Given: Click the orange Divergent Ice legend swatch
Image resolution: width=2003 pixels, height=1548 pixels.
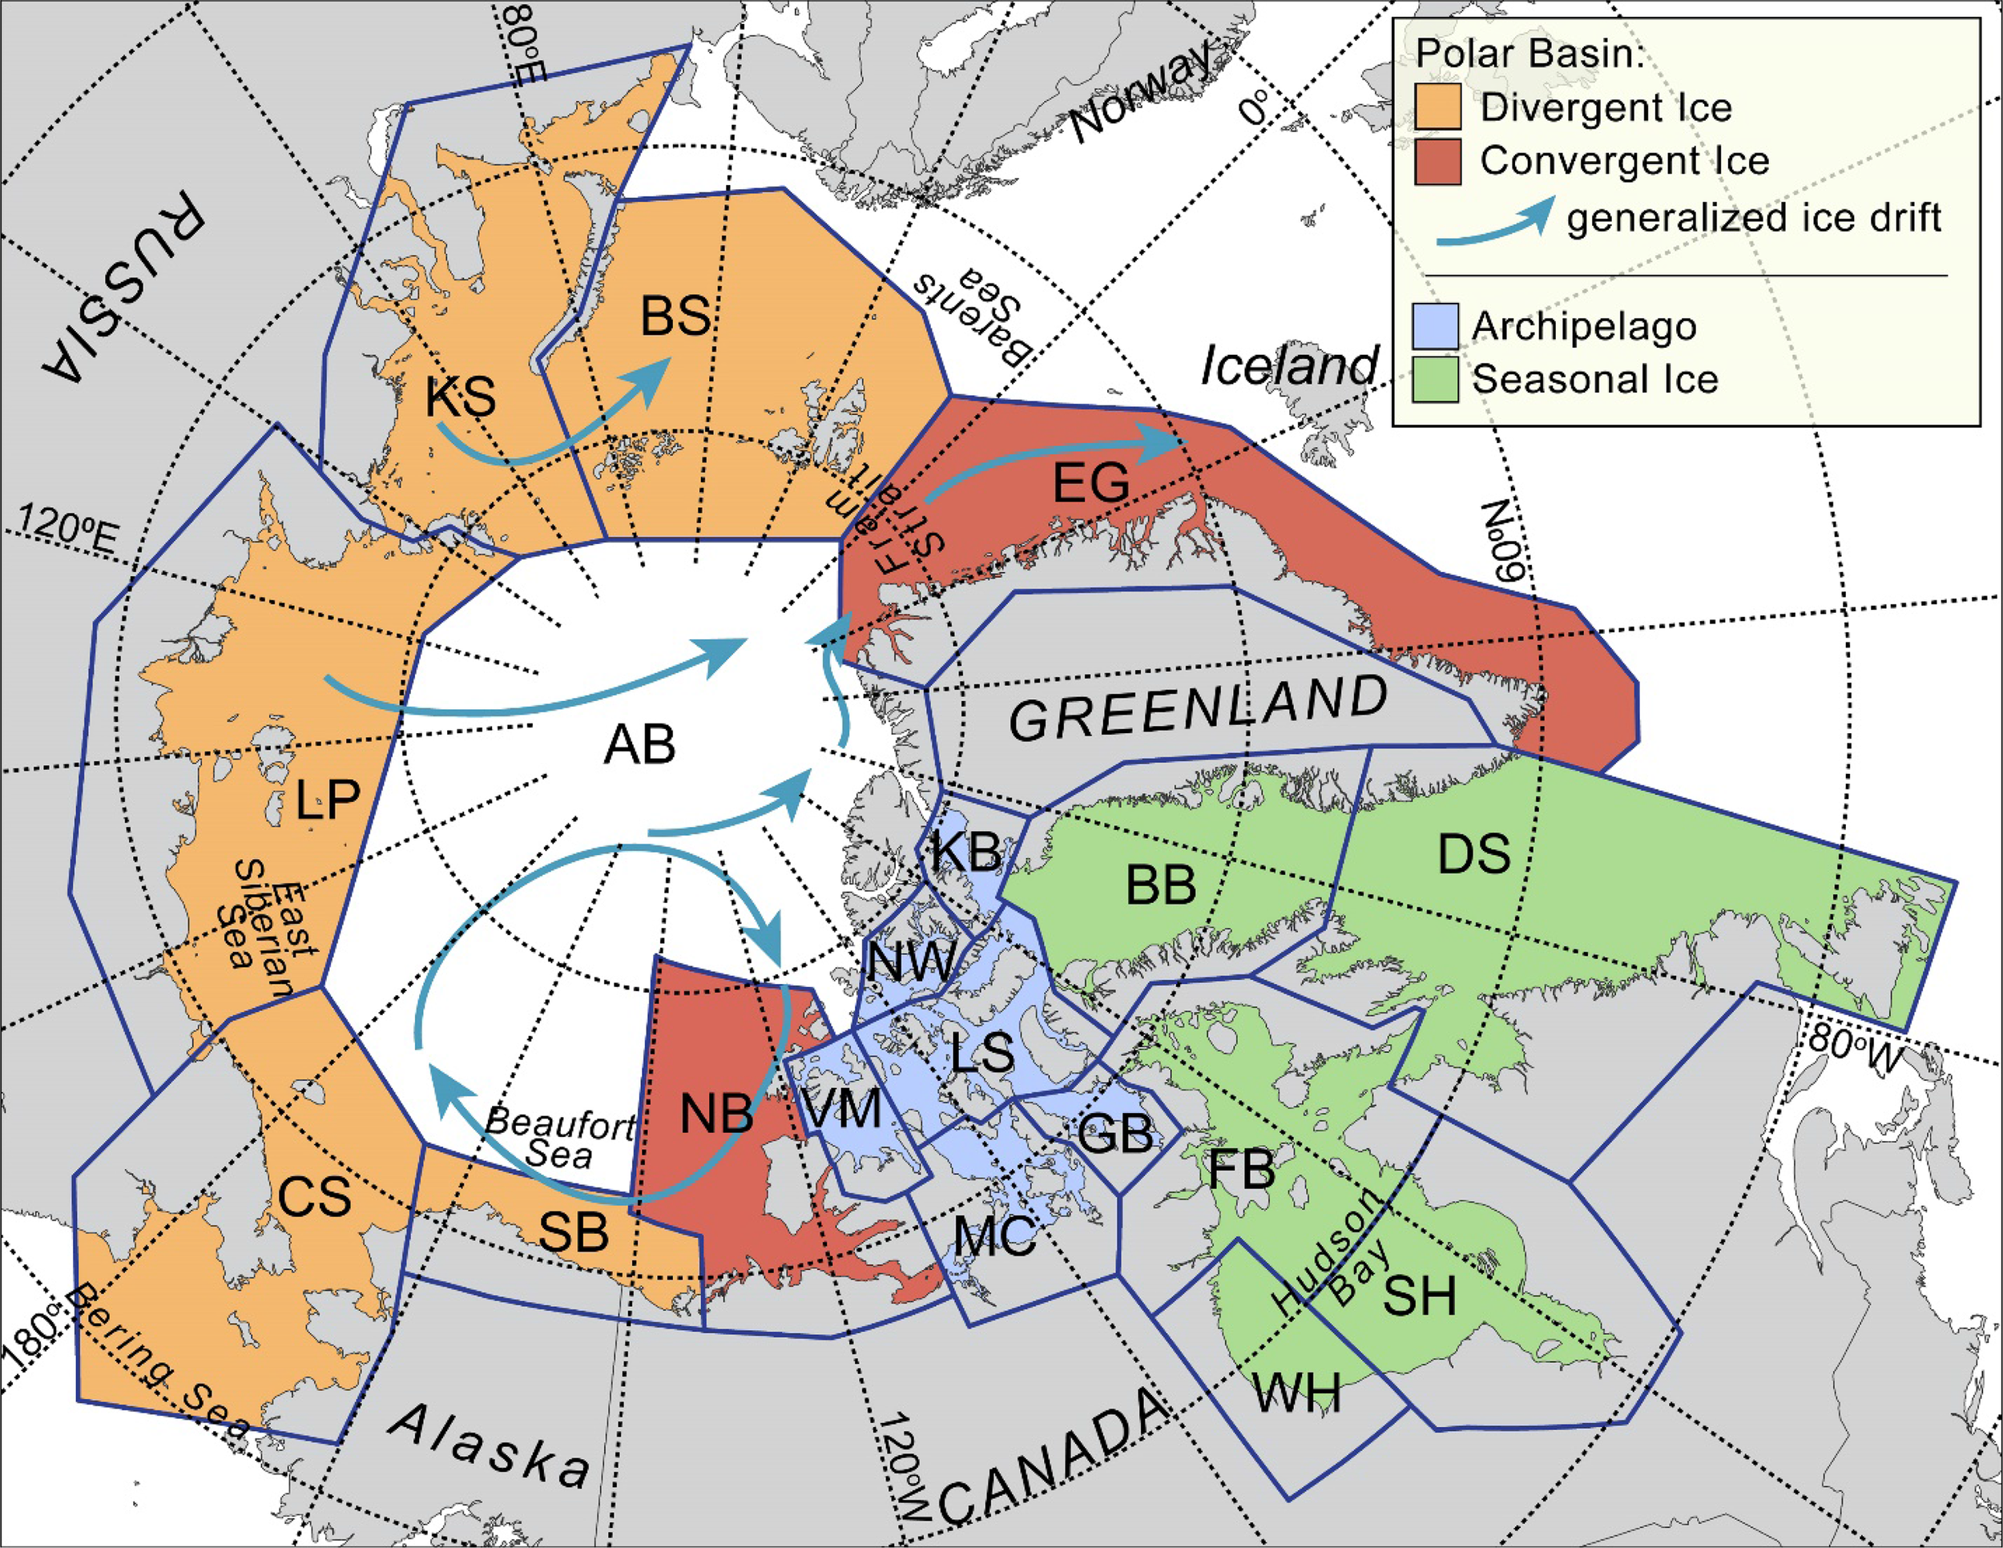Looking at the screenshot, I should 1437,107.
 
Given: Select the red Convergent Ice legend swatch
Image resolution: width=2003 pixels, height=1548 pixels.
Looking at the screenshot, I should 1437,161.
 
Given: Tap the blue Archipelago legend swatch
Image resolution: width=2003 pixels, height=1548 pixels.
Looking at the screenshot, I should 1434,326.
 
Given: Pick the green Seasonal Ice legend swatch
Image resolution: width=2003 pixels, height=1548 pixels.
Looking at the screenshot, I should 1434,380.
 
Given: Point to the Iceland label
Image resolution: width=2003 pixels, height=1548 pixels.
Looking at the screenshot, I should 1289,366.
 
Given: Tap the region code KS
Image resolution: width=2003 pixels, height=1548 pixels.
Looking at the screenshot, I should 461,398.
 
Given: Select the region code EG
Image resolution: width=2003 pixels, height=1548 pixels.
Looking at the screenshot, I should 1090,482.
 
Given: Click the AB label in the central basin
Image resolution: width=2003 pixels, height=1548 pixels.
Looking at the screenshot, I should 639,744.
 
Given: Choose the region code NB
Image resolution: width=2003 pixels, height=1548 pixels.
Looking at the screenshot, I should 716,1115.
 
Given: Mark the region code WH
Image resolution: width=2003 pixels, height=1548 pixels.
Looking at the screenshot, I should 1297,1393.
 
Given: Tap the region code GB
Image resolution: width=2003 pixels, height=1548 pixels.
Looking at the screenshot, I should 1114,1134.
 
